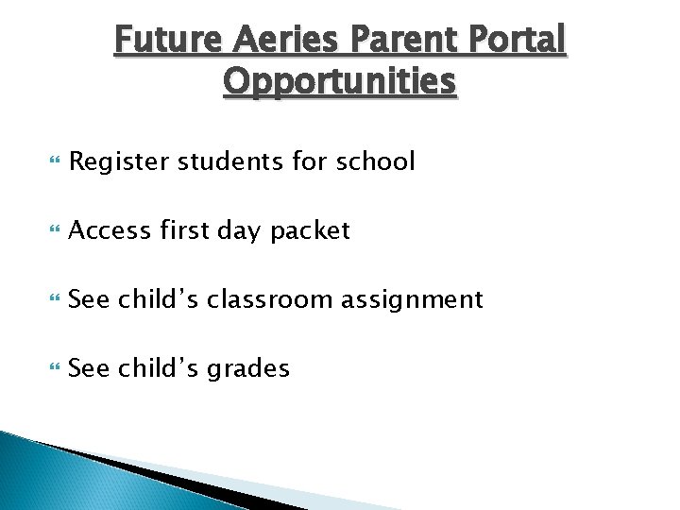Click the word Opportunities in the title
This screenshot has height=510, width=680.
[340, 82]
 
